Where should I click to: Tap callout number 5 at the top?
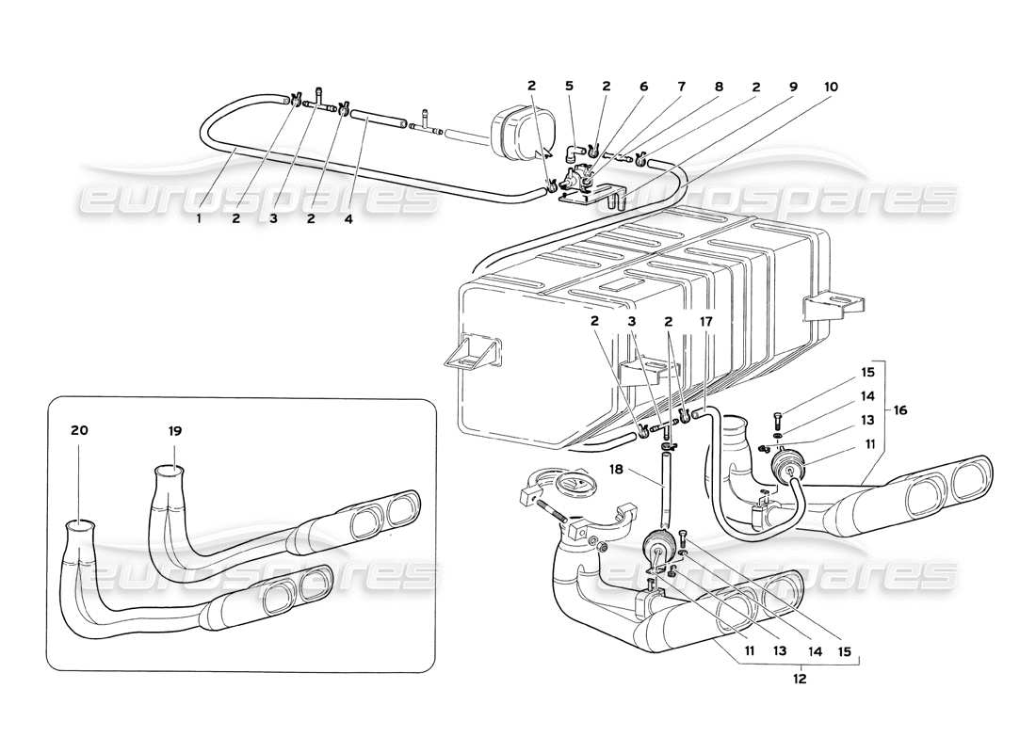569,87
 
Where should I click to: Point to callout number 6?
644,87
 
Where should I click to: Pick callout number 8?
719,87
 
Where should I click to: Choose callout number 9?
793,87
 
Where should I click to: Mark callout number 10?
830,87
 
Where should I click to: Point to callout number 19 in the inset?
175,430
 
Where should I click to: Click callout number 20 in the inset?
79,430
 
